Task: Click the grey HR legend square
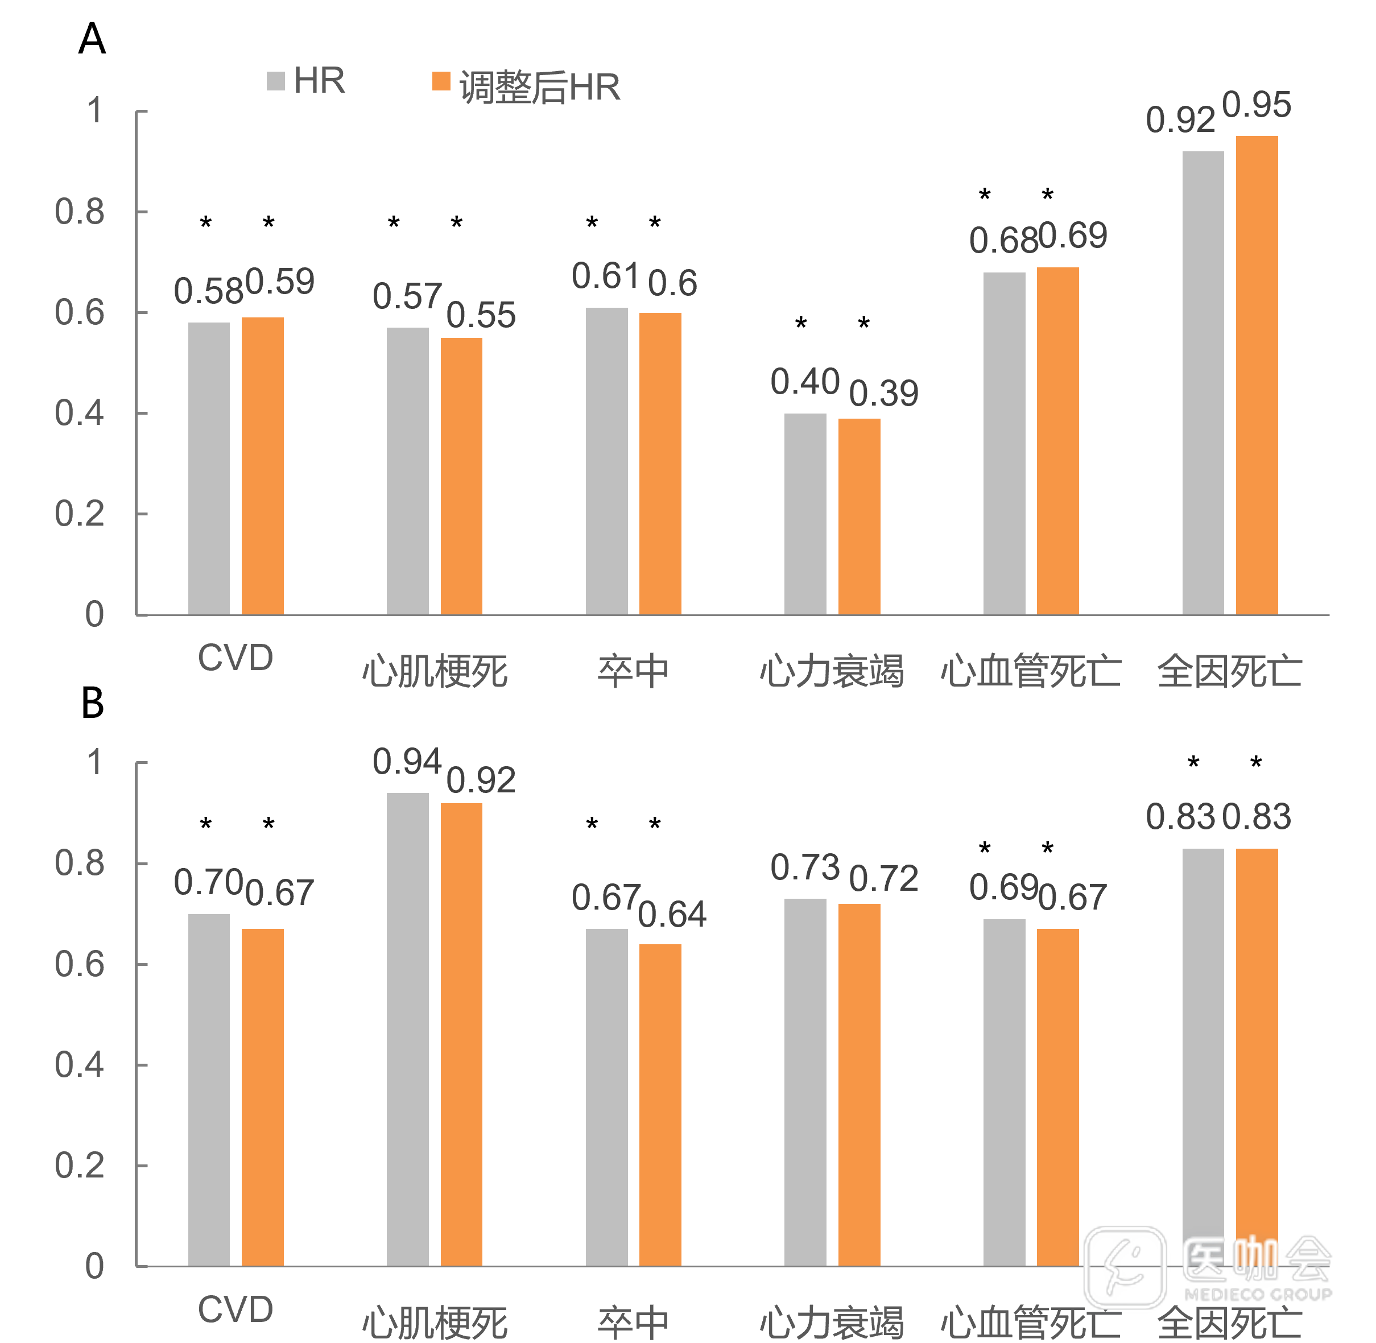pyautogui.click(x=275, y=81)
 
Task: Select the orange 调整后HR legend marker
pyautogui.click(x=441, y=81)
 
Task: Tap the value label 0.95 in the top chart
pyautogui.click(x=1256, y=105)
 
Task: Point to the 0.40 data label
pyautogui.click(x=805, y=382)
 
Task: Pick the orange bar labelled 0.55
pyautogui.click(x=461, y=476)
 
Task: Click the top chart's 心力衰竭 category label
pyautogui.click(x=832, y=670)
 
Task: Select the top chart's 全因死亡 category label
pyautogui.click(x=1229, y=670)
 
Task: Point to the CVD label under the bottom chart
pyautogui.click(x=235, y=1309)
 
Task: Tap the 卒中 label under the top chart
pyautogui.click(x=633, y=670)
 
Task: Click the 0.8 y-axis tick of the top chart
pyautogui.click(x=80, y=212)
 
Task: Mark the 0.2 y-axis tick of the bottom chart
pyautogui.click(x=80, y=1166)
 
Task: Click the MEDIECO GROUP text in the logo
pyautogui.click(x=1258, y=1294)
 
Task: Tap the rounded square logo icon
pyautogui.click(x=1124, y=1267)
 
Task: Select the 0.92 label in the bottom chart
pyautogui.click(x=480, y=780)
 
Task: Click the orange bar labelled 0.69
pyautogui.click(x=1057, y=441)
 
